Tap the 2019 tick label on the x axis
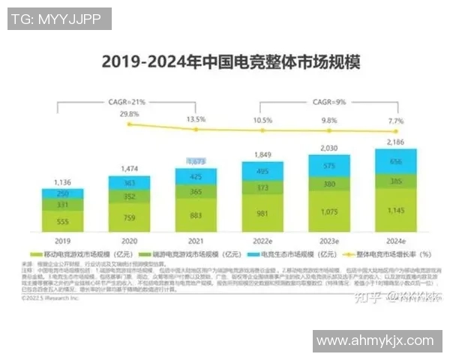tap(63, 241)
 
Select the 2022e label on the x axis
tap(262, 241)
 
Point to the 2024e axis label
tap(395, 241)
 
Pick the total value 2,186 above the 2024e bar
tap(395, 141)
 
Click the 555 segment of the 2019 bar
tap(63, 222)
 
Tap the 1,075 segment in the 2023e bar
tap(328, 213)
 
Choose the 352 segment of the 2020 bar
tap(129, 197)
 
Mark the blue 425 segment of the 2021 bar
tap(195, 177)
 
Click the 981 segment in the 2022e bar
tap(262, 214)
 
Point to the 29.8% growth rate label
tap(129, 115)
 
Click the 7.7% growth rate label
tap(395, 120)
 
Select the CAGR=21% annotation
tap(128, 100)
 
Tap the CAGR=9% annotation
tap(328, 100)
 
